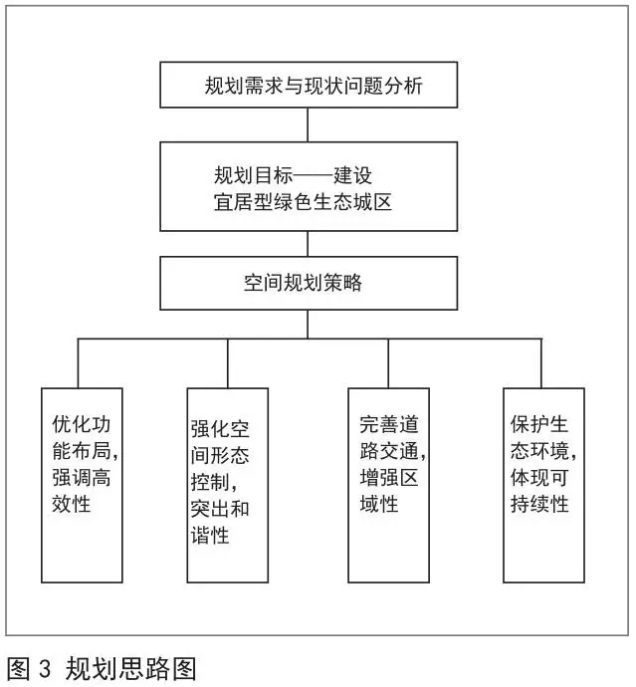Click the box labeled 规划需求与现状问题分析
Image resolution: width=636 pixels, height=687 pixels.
(x=309, y=85)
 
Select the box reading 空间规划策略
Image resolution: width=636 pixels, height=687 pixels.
(x=309, y=284)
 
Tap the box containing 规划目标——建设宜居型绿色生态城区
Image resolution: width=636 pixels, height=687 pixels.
(x=309, y=186)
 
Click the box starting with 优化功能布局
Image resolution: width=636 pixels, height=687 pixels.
(x=82, y=486)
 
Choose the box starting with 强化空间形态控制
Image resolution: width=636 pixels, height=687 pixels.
(x=228, y=486)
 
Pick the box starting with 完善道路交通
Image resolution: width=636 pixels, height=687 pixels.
(x=389, y=486)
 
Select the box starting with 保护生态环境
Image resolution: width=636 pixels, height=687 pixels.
(x=544, y=486)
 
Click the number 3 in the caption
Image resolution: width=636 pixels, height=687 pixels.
(x=45, y=669)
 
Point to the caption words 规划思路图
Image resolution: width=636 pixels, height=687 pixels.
(x=130, y=669)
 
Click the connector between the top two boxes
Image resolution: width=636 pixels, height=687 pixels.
(x=308, y=124)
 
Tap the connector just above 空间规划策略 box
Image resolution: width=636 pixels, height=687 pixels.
(x=308, y=244)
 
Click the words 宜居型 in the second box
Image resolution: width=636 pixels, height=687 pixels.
(x=243, y=202)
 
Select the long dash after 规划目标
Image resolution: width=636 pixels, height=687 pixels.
(x=313, y=176)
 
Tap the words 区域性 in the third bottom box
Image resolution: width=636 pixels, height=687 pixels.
(x=389, y=491)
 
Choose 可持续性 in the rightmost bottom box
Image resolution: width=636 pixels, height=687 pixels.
(x=539, y=491)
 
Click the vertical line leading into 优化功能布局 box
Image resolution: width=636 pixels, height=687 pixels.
(x=79, y=363)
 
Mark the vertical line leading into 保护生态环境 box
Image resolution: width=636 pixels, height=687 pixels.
(x=541, y=363)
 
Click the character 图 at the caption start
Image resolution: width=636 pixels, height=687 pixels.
(x=18, y=669)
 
